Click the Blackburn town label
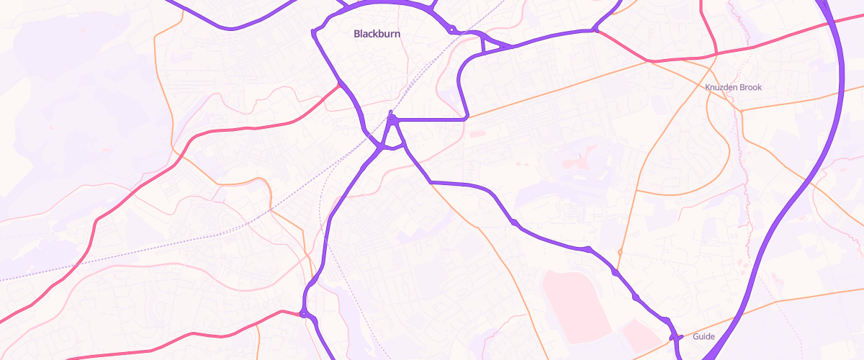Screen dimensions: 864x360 [x=377, y=34]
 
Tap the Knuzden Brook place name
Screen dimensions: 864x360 [x=733, y=87]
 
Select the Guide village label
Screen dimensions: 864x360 [x=703, y=336]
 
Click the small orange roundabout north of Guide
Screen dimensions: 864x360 [x=619, y=251]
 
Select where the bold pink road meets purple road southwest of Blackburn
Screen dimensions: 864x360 [x=338, y=85]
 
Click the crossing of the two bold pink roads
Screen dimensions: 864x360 [x=716, y=53]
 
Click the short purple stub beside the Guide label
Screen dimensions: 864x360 [x=675, y=336]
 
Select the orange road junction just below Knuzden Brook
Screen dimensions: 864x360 [x=740, y=111]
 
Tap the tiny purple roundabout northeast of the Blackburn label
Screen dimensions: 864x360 [x=451, y=30]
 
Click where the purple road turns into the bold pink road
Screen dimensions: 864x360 [x=596, y=30]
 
